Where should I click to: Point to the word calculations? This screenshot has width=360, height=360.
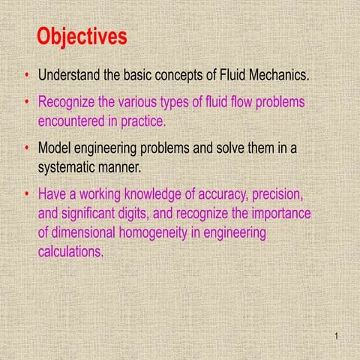click(x=71, y=252)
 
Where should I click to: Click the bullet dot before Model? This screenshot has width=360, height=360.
click(x=27, y=148)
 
